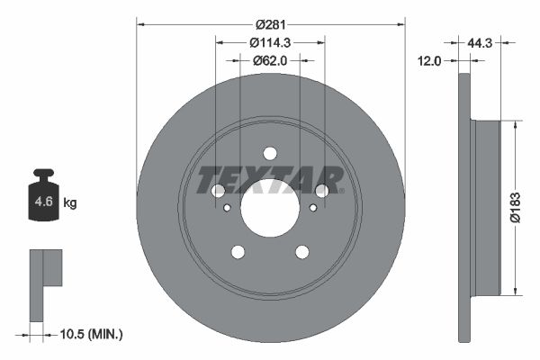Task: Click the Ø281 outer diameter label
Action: pyautogui.click(x=270, y=24)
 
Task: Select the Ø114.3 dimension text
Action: pyautogui.click(x=270, y=42)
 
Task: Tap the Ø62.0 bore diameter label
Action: pyautogui.click(x=270, y=60)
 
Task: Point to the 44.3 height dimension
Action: pyautogui.click(x=481, y=42)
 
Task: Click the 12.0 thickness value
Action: pyautogui.click(x=431, y=60)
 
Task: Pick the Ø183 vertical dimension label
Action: pyautogui.click(x=514, y=205)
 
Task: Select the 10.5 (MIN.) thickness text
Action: pyautogui.click(x=89, y=334)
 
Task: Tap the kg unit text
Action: pyautogui.click(x=70, y=203)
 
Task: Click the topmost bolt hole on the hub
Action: pyautogui.click(x=270, y=153)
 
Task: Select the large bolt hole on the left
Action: pyautogui.click(x=218, y=190)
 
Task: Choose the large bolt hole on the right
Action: pyautogui.click(x=322, y=190)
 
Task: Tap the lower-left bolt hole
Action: pyautogui.click(x=238, y=251)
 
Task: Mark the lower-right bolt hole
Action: pyautogui.click(x=302, y=251)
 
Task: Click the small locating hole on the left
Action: pyautogui.click(x=227, y=208)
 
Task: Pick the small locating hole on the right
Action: pyautogui.click(x=313, y=208)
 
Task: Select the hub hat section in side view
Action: pyautogui.click(x=485, y=205)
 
